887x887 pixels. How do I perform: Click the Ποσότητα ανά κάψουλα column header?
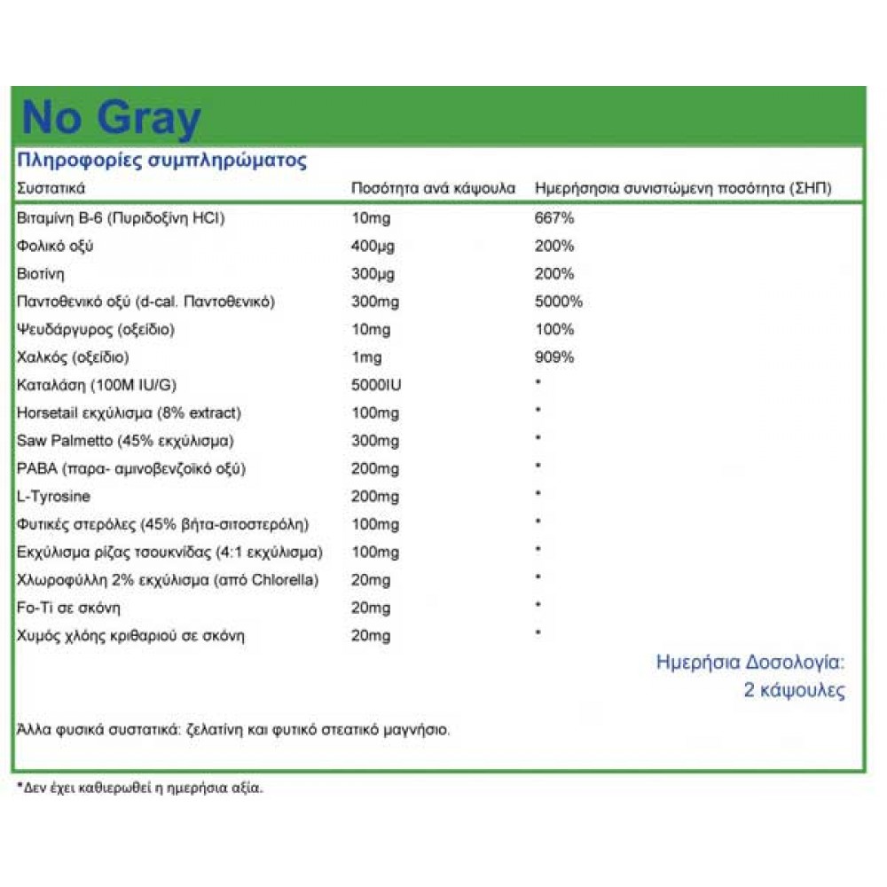pyautogui.click(x=433, y=189)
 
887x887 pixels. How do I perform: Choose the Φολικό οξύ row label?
pyautogui.click(x=55, y=246)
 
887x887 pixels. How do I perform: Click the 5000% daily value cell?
pyautogui.click(x=559, y=302)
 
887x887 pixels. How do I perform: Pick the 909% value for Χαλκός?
pyautogui.click(x=553, y=357)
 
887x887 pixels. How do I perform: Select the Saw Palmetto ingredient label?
pyautogui.click(x=126, y=441)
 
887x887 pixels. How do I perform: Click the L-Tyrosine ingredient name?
pyautogui.click(x=53, y=497)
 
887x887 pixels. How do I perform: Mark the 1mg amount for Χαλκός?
pyautogui.click(x=365, y=357)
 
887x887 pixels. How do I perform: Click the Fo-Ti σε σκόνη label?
pyautogui.click(x=68, y=608)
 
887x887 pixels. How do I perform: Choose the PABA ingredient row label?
pyautogui.click(x=130, y=468)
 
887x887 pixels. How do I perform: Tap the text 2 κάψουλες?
pyautogui.click(x=794, y=691)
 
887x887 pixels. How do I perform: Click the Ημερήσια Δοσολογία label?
pyautogui.click(x=750, y=662)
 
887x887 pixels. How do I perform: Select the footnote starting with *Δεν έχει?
pyautogui.click(x=140, y=787)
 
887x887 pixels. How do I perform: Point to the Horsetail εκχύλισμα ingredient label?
pyautogui.click(x=129, y=413)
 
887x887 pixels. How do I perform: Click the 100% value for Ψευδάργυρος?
pyautogui.click(x=553, y=330)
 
